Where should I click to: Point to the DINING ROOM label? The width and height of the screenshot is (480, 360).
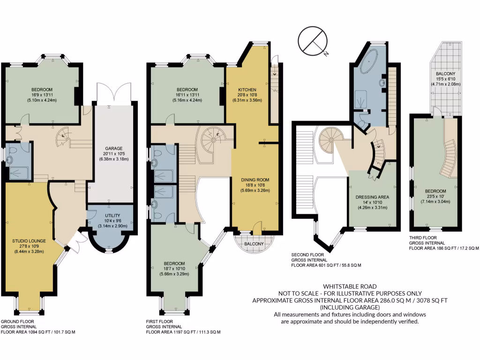click(255, 180)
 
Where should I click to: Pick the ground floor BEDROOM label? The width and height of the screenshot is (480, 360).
click(42, 90)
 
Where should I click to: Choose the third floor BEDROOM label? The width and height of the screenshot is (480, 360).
click(435, 191)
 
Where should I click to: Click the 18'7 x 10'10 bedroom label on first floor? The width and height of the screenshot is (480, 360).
click(173, 269)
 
